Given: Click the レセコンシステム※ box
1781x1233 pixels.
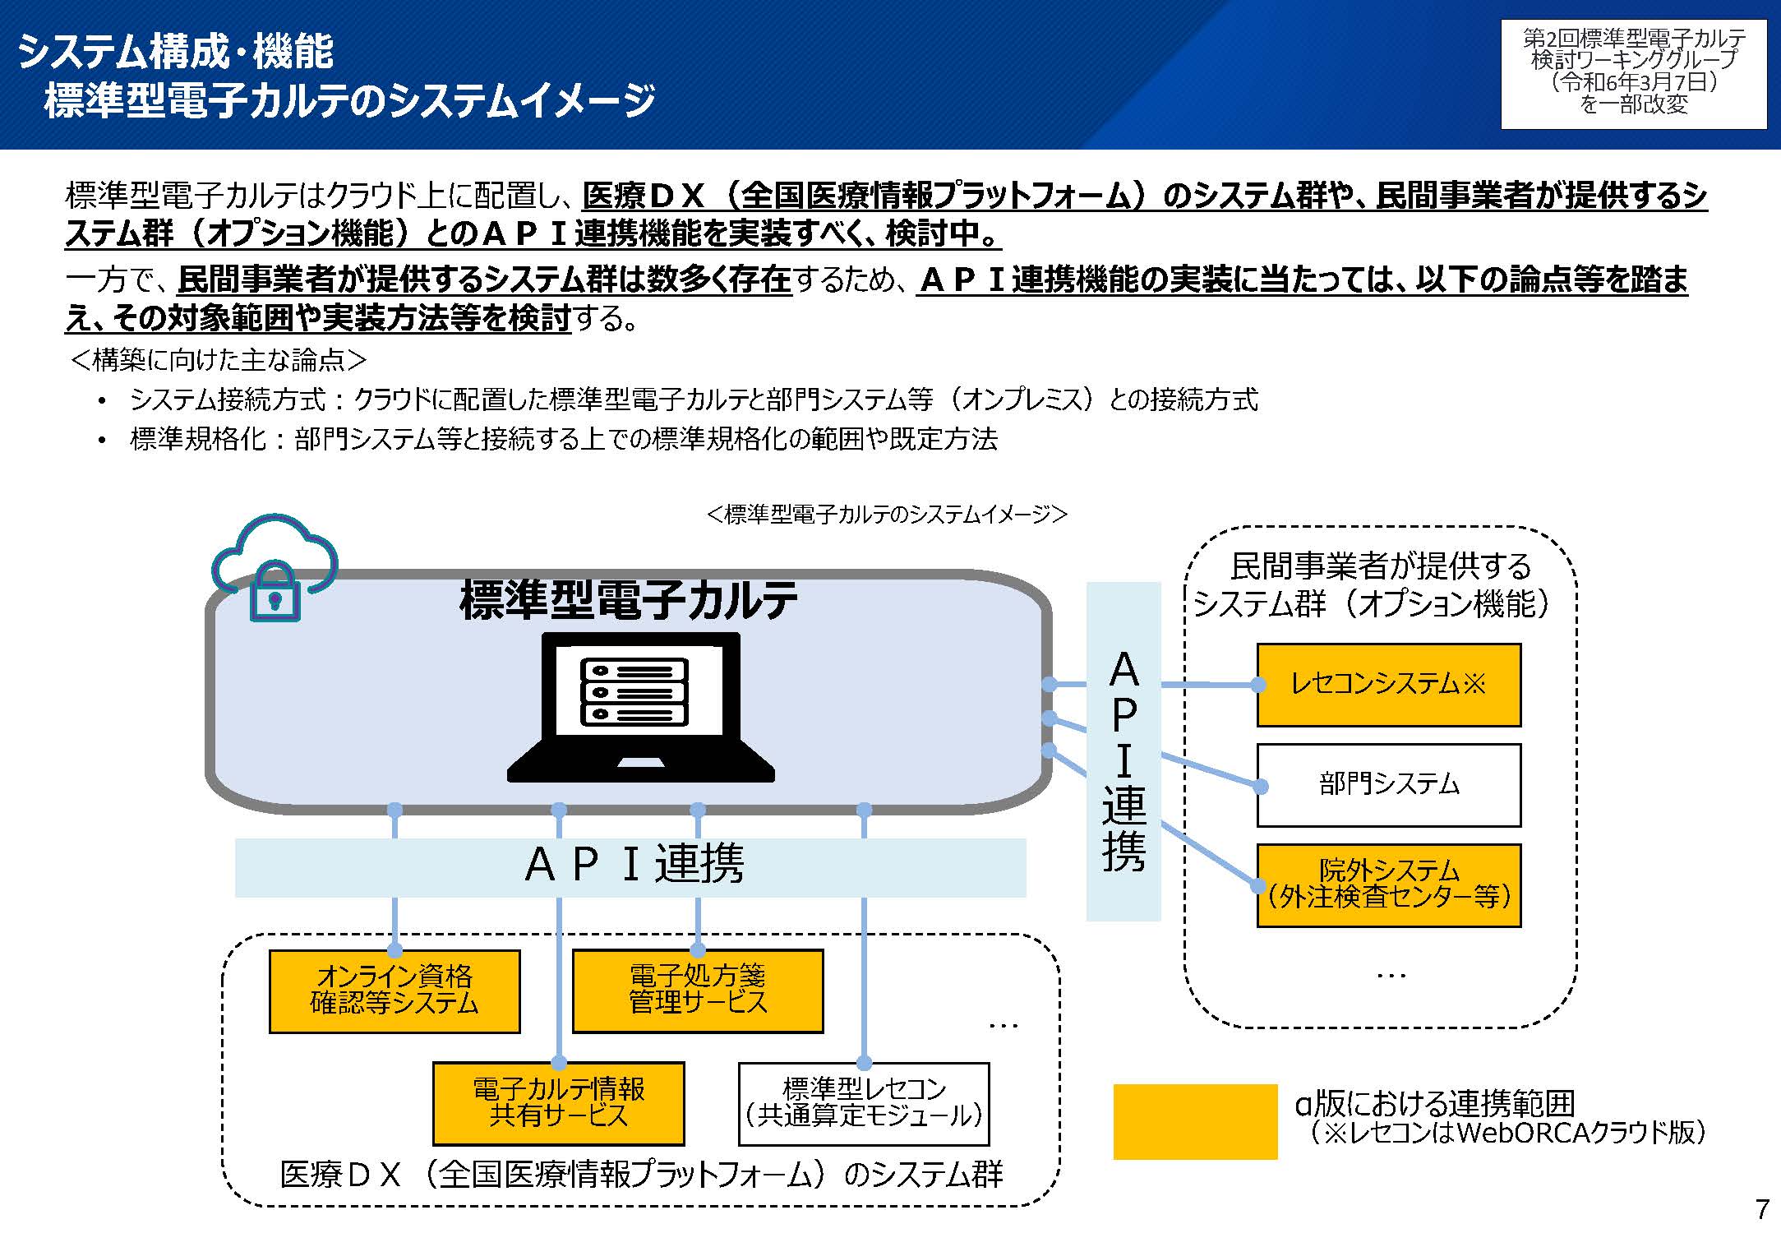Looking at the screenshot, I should click(1388, 685).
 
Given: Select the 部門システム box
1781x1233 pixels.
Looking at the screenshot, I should click(1388, 785).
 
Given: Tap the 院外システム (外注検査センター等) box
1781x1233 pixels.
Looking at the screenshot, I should click(1388, 885).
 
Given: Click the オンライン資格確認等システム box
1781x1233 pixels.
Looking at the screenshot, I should click(394, 991).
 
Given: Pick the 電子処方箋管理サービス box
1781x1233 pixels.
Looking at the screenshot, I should click(698, 991).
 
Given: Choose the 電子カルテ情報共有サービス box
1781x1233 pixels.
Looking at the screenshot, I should click(559, 1103).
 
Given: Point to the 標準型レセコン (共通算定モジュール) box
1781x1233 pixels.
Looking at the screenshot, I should click(864, 1103).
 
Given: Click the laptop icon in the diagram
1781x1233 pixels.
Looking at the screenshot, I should click(640, 708).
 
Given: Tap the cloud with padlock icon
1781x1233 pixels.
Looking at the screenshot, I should click(275, 567).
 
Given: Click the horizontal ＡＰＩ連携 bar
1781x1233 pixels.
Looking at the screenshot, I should click(630, 866).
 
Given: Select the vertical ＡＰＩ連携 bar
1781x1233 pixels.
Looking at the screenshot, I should click(1124, 751).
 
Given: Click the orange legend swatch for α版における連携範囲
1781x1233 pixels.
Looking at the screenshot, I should click(1195, 1121).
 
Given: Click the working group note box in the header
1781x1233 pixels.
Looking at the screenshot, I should click(1633, 73).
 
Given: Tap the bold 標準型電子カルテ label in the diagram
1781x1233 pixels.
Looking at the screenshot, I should click(629, 599).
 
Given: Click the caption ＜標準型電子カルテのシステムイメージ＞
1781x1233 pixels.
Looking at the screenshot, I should click(887, 515).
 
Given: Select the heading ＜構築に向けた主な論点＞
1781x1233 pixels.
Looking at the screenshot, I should click(219, 360).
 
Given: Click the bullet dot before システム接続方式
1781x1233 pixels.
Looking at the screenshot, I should click(102, 401).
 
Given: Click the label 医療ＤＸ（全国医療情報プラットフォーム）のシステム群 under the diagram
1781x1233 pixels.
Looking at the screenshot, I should click(641, 1175).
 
